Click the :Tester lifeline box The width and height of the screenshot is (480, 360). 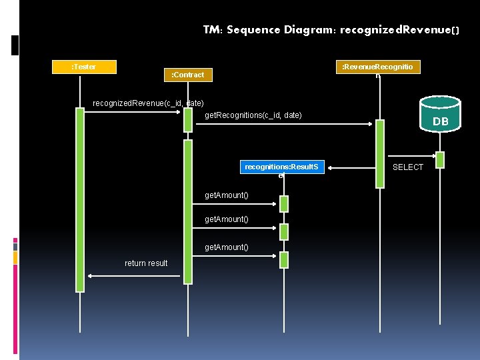(x=84, y=67)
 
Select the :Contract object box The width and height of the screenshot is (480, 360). (x=188, y=75)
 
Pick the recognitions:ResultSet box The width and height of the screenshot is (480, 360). (x=282, y=167)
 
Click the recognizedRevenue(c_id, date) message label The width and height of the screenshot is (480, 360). (x=148, y=103)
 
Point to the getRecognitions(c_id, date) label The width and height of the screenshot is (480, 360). (x=253, y=115)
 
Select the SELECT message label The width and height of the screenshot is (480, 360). (x=407, y=167)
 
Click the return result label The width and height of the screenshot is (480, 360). (x=146, y=263)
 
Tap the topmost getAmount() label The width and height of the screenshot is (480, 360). (x=227, y=195)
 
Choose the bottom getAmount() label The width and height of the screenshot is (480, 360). (x=227, y=247)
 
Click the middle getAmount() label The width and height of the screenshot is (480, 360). (x=227, y=219)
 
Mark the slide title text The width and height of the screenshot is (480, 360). (x=331, y=30)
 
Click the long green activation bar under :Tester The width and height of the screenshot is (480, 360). (x=80, y=200)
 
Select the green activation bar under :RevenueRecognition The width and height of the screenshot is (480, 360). (x=379, y=153)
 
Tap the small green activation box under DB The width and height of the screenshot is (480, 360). (x=440, y=160)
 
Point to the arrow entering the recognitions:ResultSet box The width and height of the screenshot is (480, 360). (x=331, y=167)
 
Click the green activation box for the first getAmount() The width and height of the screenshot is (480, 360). (x=284, y=204)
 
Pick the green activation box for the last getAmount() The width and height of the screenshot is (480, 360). (x=284, y=259)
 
